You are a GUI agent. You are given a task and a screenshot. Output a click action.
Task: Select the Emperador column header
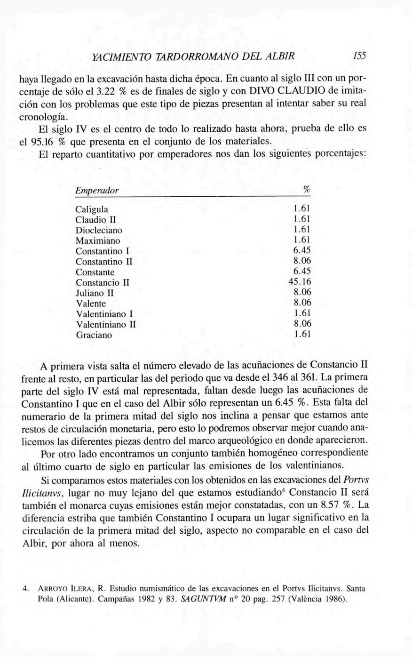97,191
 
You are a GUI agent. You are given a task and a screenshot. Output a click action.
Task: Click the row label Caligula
92,209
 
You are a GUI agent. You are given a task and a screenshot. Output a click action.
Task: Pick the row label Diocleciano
99,230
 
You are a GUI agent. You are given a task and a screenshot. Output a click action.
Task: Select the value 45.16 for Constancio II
299,282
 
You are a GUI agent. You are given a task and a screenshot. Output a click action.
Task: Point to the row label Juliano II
95,293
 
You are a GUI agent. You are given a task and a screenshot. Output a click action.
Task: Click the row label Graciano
94,336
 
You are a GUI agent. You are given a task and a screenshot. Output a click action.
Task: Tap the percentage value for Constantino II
302,261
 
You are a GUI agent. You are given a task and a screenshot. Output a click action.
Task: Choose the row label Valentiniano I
104,314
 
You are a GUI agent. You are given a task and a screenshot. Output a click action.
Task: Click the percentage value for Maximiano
302,240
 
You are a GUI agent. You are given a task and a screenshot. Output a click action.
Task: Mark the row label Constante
95,272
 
